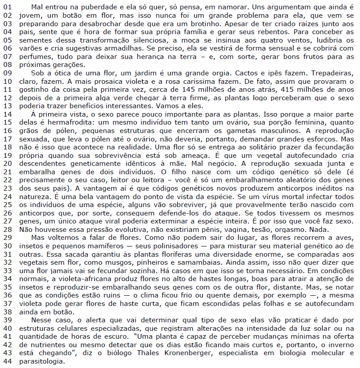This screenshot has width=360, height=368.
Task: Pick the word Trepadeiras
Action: tap(333, 73)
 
